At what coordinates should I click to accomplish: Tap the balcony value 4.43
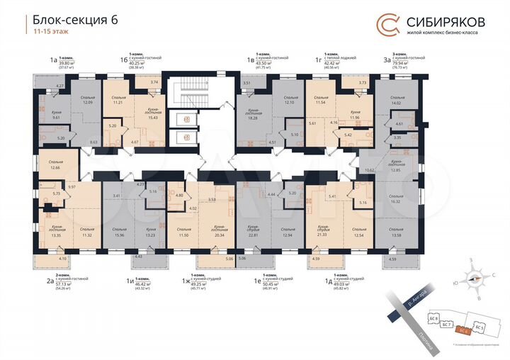click(139, 256)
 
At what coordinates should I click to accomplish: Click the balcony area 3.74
click(155, 83)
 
